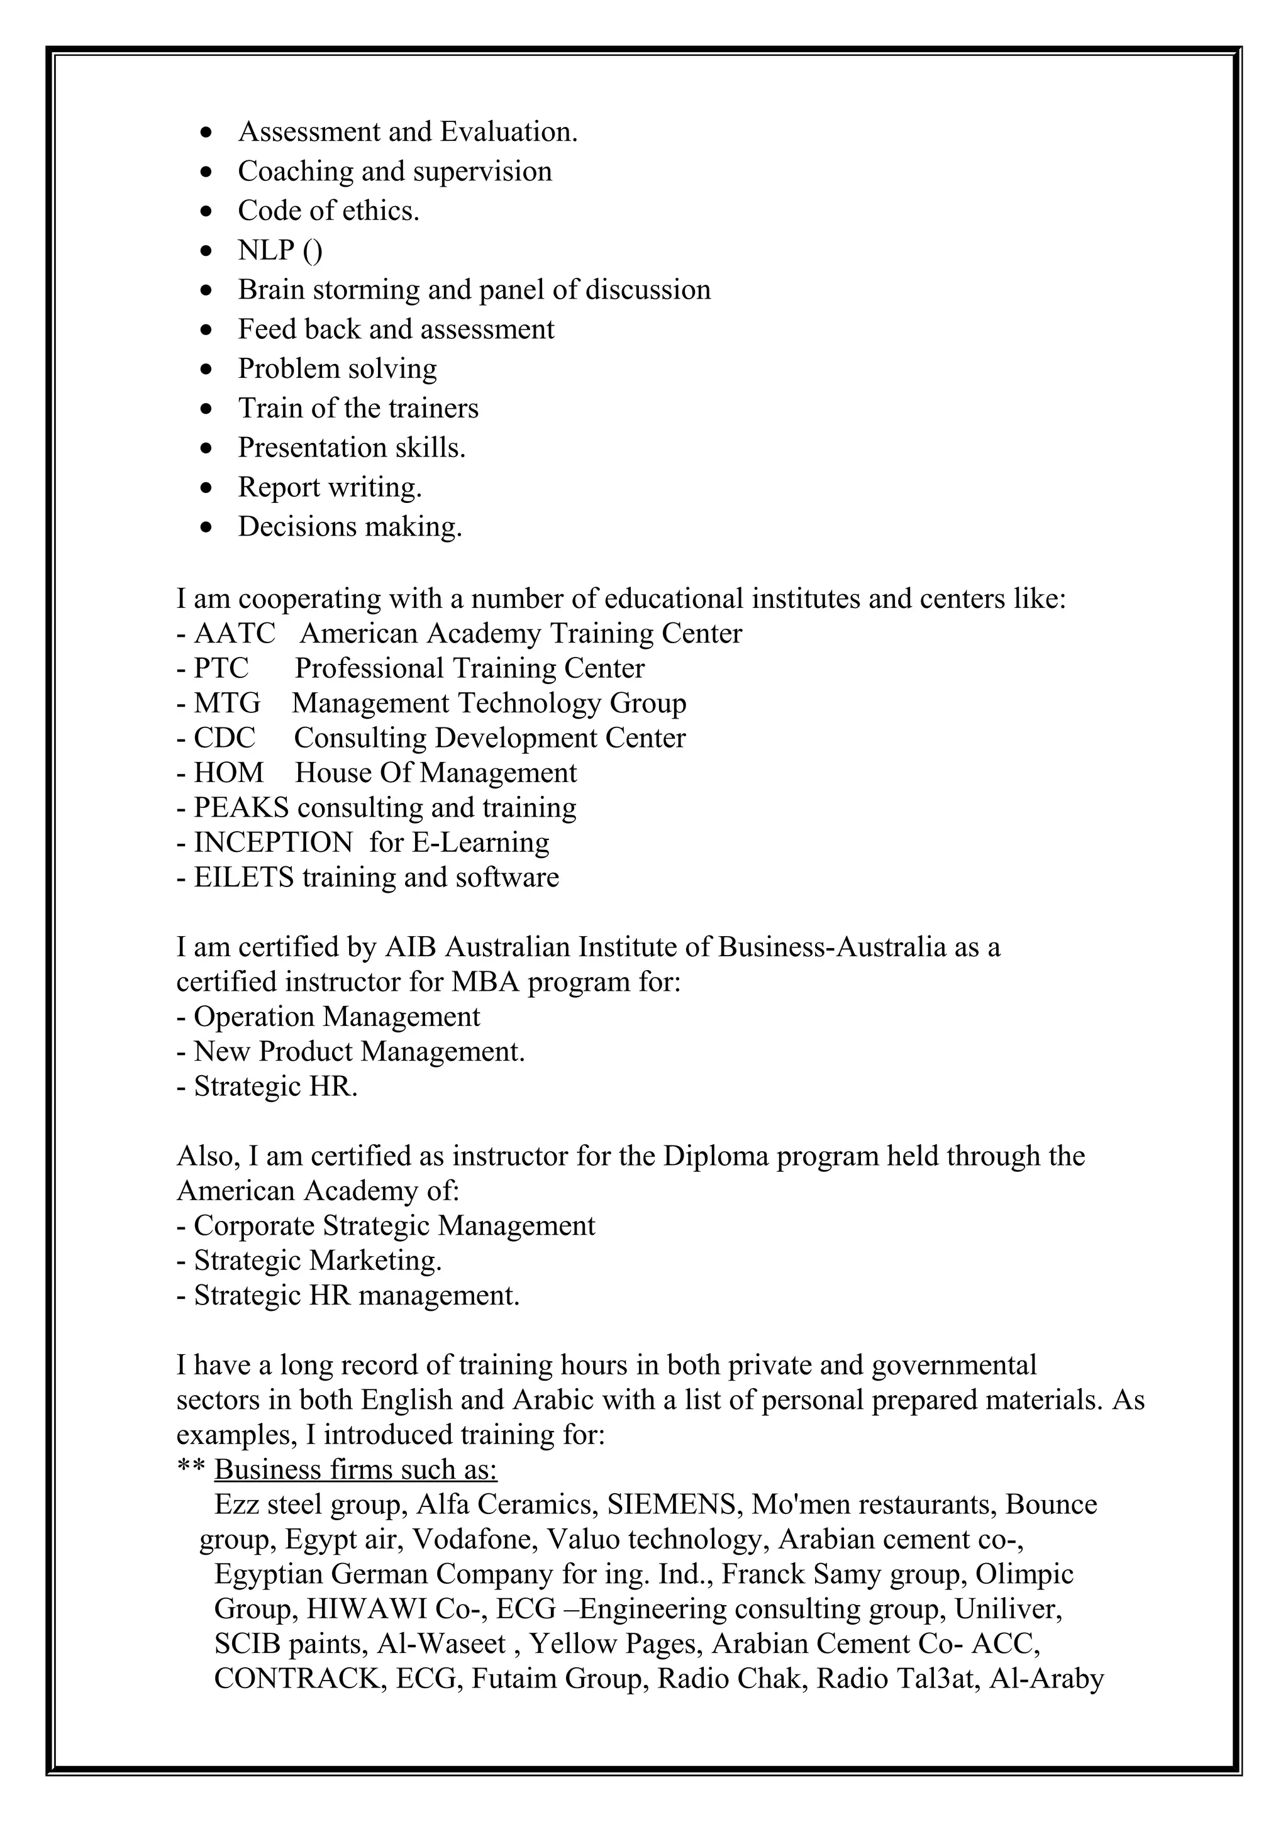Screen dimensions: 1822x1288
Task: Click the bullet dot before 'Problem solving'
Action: click(x=207, y=370)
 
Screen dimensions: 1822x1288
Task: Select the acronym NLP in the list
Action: click(x=266, y=251)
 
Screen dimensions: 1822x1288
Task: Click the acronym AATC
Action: click(x=235, y=634)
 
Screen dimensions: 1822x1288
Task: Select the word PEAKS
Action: click(x=241, y=808)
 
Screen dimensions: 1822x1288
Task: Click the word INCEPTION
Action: click(x=273, y=842)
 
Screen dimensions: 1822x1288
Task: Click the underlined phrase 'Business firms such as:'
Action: click(x=355, y=1470)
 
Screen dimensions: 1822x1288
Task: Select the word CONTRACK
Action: click(x=297, y=1679)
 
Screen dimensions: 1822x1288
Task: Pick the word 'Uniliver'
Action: click(x=1008, y=1609)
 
